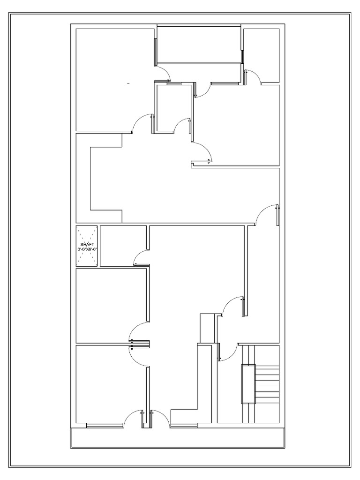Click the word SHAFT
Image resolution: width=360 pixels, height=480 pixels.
click(x=87, y=245)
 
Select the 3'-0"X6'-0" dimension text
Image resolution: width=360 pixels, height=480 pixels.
click(x=87, y=249)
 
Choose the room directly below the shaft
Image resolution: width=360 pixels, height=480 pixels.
click(x=112, y=305)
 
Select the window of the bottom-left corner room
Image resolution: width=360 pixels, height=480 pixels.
click(x=105, y=425)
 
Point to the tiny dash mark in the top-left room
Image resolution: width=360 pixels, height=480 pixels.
click(x=128, y=83)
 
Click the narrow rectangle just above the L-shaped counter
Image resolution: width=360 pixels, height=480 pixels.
click(x=207, y=328)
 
